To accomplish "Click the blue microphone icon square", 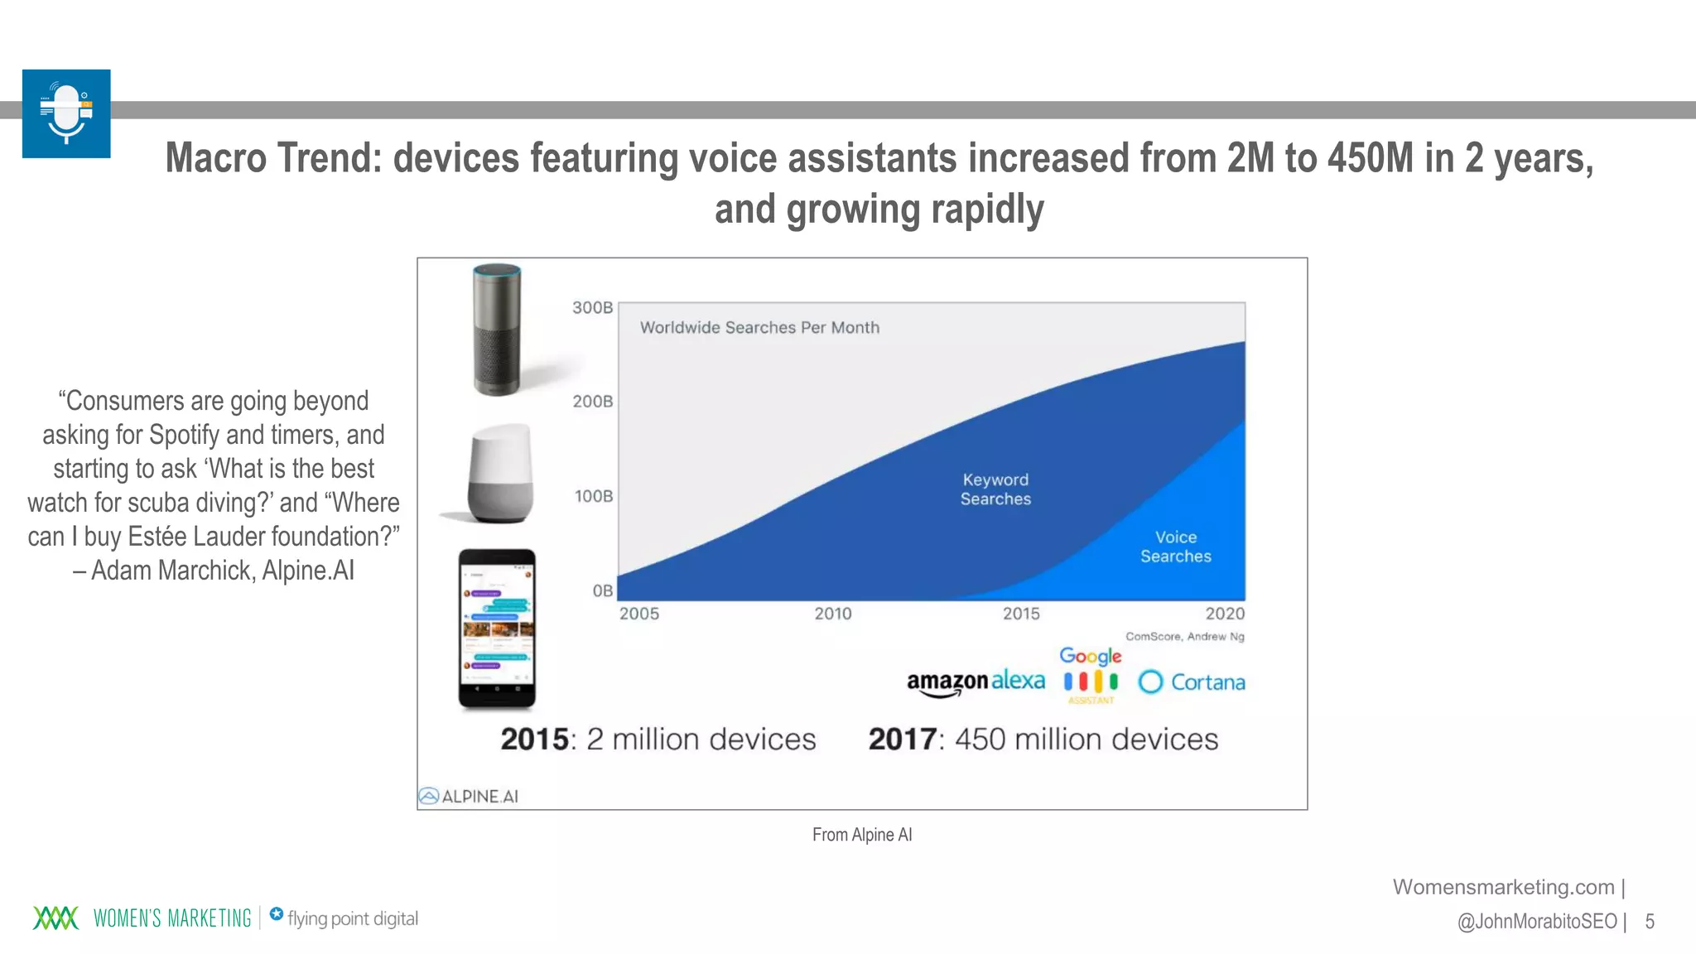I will pyautogui.click(x=66, y=113).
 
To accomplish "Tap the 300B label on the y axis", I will pyautogui.click(x=592, y=308).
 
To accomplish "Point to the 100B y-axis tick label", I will pyautogui.click(x=594, y=496).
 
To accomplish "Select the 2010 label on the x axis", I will pyautogui.click(x=832, y=614).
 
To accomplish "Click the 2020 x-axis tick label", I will pyautogui.click(x=1224, y=614).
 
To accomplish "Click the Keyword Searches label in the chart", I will pyautogui.click(x=995, y=489).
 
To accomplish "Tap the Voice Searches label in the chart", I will pyautogui.click(x=1175, y=547).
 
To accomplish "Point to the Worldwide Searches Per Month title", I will pyautogui.click(x=759, y=328).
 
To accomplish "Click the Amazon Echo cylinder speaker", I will pyautogui.click(x=497, y=330).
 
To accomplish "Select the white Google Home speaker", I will pyautogui.click(x=499, y=474).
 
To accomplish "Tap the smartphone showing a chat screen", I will pyautogui.click(x=497, y=629).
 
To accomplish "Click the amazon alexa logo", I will pyautogui.click(x=976, y=682).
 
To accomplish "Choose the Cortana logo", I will pyautogui.click(x=1192, y=682).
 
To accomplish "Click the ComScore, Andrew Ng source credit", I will pyautogui.click(x=1184, y=637).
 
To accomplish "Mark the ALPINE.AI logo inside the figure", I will pyautogui.click(x=469, y=797).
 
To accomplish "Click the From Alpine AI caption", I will pyautogui.click(x=861, y=835).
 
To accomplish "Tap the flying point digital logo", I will pyautogui.click(x=344, y=918).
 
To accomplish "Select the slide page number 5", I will pyautogui.click(x=1650, y=922).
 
